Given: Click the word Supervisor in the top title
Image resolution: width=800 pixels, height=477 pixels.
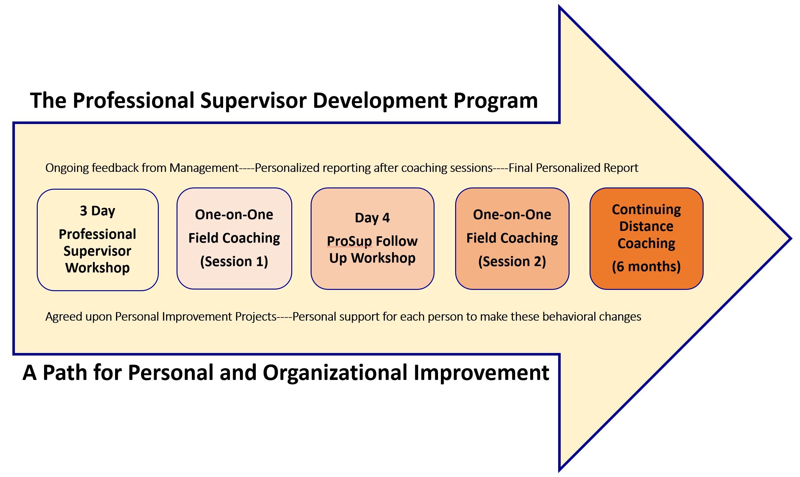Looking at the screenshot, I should click(x=253, y=101).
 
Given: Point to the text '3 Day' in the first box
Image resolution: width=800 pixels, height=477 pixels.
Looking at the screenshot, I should click(x=97, y=211).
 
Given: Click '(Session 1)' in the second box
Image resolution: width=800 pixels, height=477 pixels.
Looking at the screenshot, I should click(x=234, y=261).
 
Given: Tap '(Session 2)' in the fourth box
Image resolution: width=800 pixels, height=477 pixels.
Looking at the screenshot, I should click(x=512, y=261).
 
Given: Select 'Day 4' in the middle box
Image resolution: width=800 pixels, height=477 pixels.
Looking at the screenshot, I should click(x=372, y=218).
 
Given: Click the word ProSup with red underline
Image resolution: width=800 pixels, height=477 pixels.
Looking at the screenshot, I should click(x=349, y=241).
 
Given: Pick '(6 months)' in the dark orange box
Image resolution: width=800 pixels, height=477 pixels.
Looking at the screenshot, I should click(x=646, y=266).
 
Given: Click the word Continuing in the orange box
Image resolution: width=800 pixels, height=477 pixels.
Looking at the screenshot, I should click(x=646, y=210).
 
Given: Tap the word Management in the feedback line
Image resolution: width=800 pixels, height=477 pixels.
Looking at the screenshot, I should click(x=204, y=168).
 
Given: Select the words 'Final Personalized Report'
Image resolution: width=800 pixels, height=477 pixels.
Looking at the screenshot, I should click(x=573, y=168).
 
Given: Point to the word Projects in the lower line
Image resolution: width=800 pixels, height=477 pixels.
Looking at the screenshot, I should click(x=256, y=317).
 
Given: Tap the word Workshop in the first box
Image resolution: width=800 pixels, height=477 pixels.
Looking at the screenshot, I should click(x=97, y=268).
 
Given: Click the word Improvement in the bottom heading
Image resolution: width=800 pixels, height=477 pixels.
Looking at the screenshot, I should click(x=481, y=373).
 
